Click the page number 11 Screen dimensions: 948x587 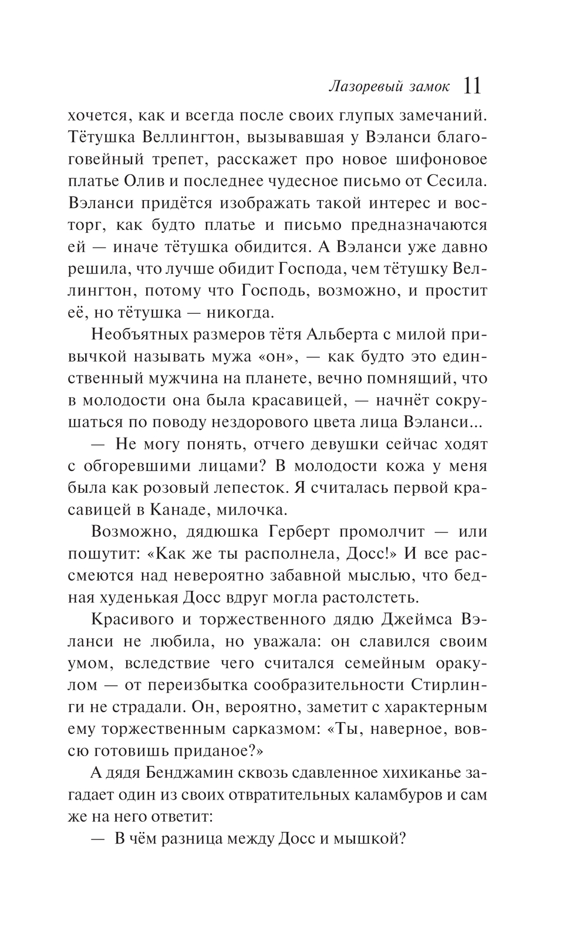tap(472, 85)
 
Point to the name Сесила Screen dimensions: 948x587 tap(456, 181)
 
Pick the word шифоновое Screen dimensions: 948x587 tap(434, 160)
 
